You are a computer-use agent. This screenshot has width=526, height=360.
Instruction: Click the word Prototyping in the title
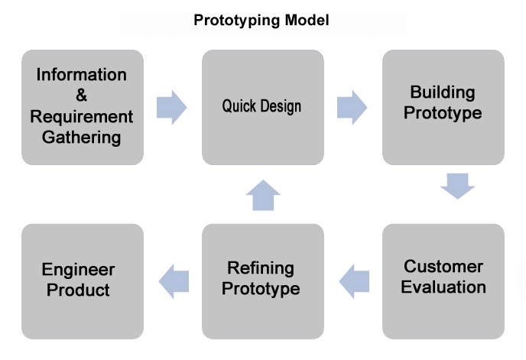(237, 21)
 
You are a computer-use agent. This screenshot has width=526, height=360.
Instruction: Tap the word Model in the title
(307, 20)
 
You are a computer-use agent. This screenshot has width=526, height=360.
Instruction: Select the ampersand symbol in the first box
(81, 95)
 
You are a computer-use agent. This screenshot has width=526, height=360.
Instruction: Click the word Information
(82, 74)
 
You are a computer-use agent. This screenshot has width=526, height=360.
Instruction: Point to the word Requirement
(82, 117)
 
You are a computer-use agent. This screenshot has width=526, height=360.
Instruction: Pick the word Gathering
(82, 138)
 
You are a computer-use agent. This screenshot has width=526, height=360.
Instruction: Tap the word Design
(281, 106)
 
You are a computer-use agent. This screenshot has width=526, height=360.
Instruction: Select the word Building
(443, 92)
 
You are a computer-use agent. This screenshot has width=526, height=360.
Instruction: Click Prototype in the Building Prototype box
(443, 113)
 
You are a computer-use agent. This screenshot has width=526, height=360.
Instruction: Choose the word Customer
(443, 267)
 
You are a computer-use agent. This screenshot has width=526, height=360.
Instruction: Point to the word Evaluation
(443, 287)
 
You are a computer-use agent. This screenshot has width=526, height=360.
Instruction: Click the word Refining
(261, 268)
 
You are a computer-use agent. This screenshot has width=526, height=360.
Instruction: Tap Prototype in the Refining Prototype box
(261, 289)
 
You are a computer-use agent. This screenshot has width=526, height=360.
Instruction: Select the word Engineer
(78, 270)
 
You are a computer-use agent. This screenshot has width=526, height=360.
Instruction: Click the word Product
(78, 290)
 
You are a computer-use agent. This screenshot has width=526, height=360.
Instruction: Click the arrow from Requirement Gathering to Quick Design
(171, 107)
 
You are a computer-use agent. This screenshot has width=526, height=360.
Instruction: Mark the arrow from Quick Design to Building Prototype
(352, 107)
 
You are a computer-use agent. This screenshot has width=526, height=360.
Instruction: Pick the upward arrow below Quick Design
(263, 195)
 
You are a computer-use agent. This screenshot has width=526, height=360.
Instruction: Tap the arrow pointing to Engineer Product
(174, 281)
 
